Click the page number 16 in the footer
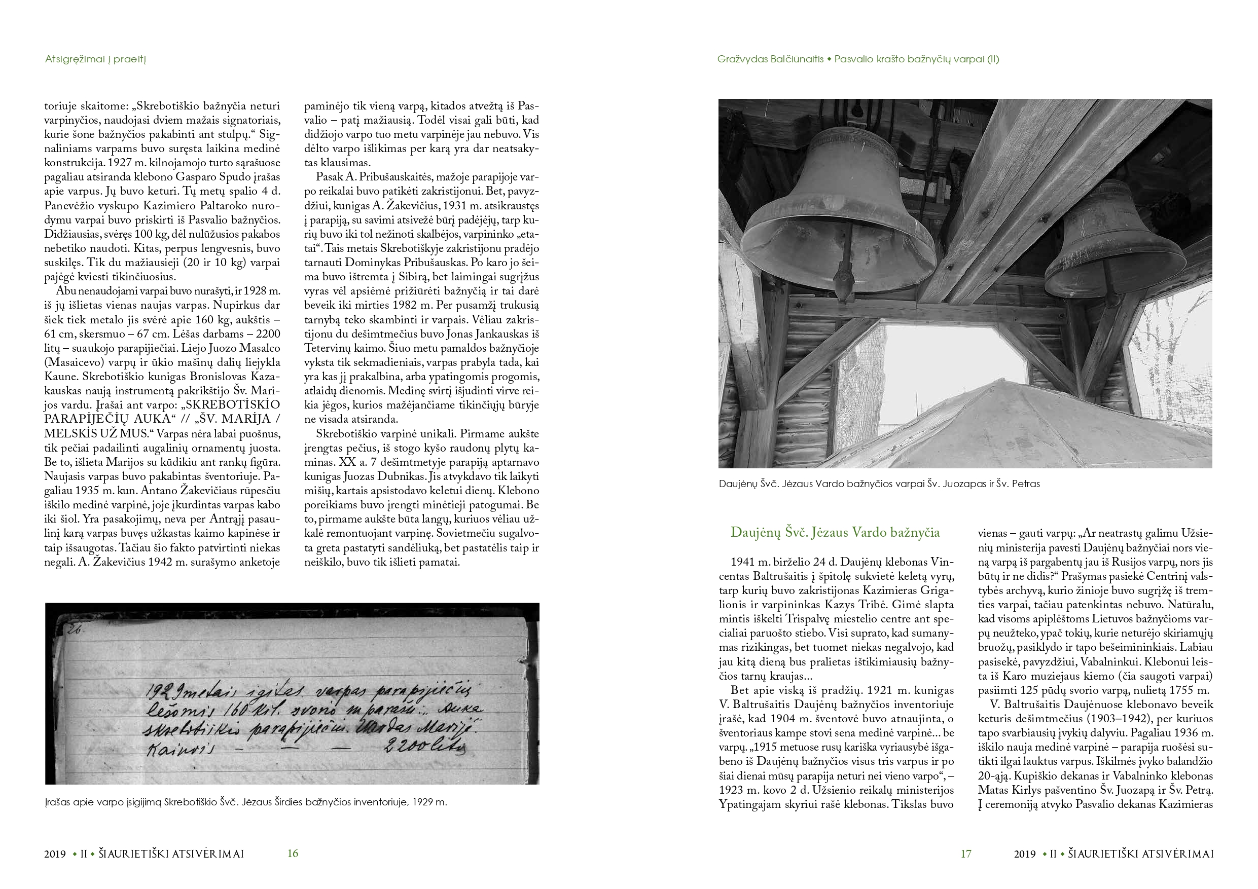[x=293, y=854]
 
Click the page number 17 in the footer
[x=966, y=854]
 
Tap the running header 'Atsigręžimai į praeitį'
[x=95, y=59]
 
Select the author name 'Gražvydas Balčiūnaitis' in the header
[x=770, y=59]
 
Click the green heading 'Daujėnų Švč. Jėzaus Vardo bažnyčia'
[x=835, y=532]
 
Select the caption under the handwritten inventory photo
[x=246, y=802]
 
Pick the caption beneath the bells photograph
[x=879, y=484]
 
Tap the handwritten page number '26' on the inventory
[x=74, y=630]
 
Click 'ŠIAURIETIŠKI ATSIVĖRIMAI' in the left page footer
[x=171, y=854]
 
